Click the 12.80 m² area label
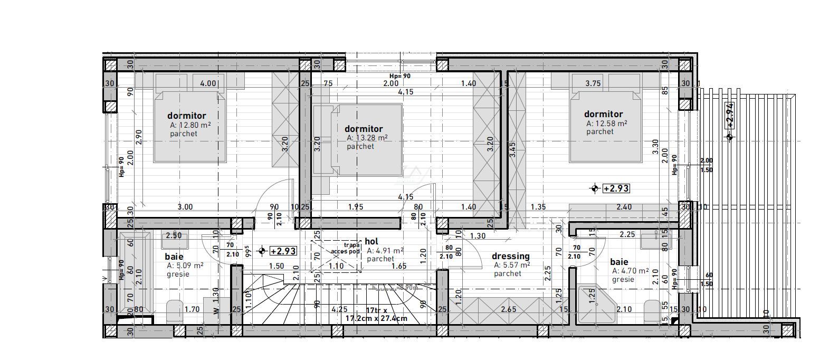pyautogui.click(x=190, y=126)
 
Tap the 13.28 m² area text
pyautogui.click(x=367, y=138)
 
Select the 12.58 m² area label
pyautogui.click(x=607, y=124)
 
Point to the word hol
pyautogui.click(x=371, y=241)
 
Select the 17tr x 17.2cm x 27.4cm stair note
pyautogui.click(x=377, y=315)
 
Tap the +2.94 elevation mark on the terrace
pyautogui.click(x=730, y=116)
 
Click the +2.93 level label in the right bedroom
pyautogui.click(x=616, y=188)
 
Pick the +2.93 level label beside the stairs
pyautogui.click(x=283, y=251)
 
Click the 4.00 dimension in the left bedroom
pyautogui.click(x=208, y=83)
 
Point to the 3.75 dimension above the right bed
pyautogui.click(x=593, y=83)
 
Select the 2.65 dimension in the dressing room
pyautogui.click(x=509, y=309)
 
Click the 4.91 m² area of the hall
pyautogui.click(x=386, y=251)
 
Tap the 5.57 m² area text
pyautogui.click(x=512, y=266)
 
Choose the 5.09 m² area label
pyautogui.click(x=185, y=266)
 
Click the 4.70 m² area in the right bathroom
pyautogui.click(x=630, y=271)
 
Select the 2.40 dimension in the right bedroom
pyautogui.click(x=624, y=207)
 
